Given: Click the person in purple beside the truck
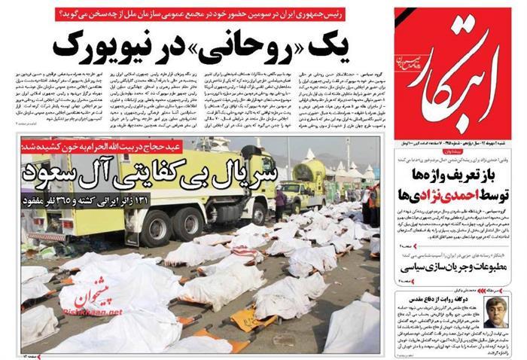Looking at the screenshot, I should (280, 200).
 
